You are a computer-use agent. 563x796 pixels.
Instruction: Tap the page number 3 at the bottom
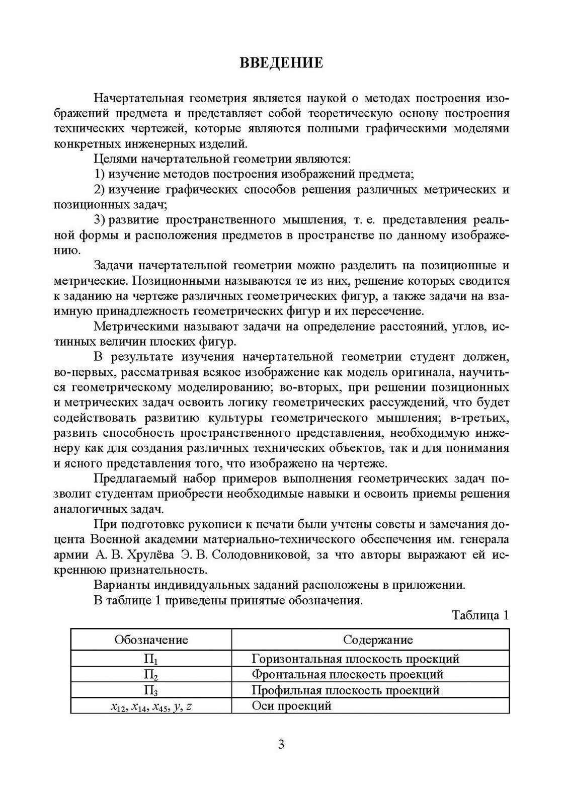[281, 744]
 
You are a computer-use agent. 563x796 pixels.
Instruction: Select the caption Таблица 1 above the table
[480, 615]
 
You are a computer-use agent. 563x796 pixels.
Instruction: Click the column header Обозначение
[151, 640]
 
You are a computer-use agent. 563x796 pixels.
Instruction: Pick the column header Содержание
[378, 640]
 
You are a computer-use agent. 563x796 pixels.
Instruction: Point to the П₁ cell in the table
[151, 659]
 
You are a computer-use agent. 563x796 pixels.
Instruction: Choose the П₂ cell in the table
[151, 675]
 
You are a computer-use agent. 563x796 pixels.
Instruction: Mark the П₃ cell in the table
[151, 690]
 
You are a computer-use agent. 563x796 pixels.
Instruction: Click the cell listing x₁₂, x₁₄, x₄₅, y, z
[151, 706]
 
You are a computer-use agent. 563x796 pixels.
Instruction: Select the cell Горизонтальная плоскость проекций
[355, 659]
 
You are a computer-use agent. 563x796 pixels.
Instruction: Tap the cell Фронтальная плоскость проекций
[347, 674]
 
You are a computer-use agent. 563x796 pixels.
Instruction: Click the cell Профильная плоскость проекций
[345, 690]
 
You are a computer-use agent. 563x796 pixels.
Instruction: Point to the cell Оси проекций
[291, 705]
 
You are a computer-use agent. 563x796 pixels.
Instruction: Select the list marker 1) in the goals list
[100, 175]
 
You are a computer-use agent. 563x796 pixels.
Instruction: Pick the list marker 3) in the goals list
[100, 220]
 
